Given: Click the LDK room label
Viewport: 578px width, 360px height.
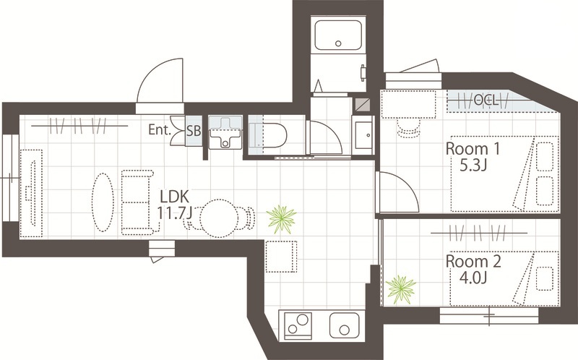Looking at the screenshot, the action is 175,197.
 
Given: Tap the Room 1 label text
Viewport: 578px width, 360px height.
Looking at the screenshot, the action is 473,149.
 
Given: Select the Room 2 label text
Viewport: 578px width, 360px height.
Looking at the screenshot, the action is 473,262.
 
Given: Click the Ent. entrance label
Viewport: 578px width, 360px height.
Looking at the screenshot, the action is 160,129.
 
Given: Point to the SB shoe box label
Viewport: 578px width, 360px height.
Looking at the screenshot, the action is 194,131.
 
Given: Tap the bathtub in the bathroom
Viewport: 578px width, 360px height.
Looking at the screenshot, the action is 338,35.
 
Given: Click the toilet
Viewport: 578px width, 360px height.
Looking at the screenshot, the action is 267,135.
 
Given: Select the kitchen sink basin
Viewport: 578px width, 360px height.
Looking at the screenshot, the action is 345,325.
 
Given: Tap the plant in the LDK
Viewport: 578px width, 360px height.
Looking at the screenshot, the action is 282,219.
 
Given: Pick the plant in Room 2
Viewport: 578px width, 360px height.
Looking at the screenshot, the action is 401,290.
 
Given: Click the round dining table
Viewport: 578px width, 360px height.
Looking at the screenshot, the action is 218,218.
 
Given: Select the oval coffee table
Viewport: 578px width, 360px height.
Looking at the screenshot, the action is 103,202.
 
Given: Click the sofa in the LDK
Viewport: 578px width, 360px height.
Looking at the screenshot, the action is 137,202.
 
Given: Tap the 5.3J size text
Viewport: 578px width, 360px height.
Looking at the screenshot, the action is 473,166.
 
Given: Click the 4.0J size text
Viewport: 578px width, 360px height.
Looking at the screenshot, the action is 473,278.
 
